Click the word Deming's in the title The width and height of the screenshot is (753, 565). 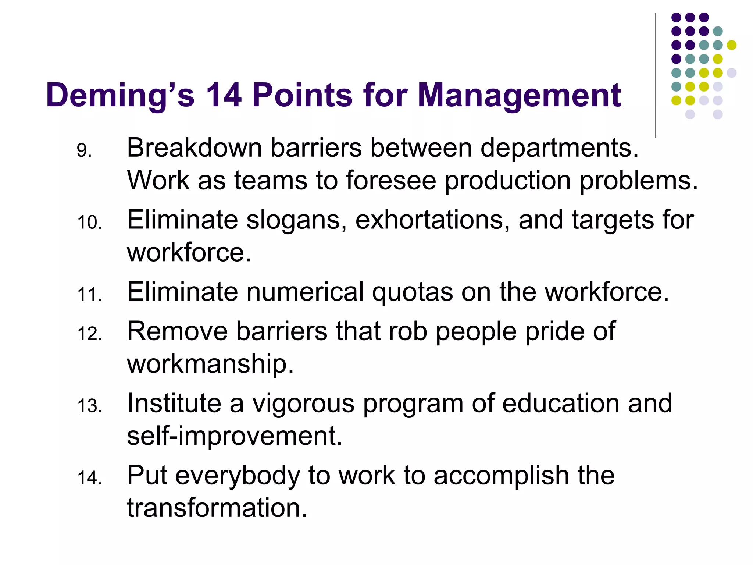pos(120,95)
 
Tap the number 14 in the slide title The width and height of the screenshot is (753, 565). pos(224,95)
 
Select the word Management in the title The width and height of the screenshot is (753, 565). pos(519,95)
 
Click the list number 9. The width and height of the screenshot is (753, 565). pos(84,150)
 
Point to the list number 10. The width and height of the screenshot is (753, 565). pos(90,223)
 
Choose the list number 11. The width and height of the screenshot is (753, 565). pos(90,295)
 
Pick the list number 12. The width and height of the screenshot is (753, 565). pos(90,334)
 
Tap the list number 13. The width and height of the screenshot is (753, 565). pos(90,406)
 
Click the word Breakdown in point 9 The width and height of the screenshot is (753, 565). pos(194,148)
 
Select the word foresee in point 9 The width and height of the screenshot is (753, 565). pos(391,180)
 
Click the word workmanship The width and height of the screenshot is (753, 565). pos(210,364)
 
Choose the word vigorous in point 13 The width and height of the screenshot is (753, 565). pos(303,404)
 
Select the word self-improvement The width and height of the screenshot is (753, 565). pos(235,436)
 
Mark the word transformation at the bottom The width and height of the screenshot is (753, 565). pos(217,508)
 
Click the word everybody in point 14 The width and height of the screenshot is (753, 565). pos(238,476)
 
